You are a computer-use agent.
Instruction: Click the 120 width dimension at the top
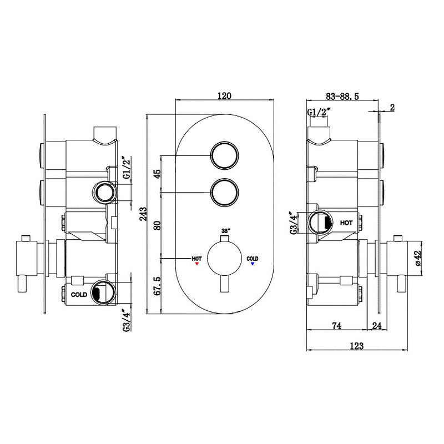224,95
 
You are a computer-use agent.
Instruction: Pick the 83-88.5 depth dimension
342,95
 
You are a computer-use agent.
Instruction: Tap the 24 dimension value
377,326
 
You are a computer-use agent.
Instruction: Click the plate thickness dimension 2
392,108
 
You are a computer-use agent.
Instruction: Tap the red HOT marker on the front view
196,264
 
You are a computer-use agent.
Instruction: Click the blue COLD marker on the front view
253,264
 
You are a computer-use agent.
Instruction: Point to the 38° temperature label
225,230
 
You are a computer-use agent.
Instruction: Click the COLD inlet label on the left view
78,295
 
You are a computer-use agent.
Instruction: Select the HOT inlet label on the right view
346,223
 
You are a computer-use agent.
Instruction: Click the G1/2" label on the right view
319,113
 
